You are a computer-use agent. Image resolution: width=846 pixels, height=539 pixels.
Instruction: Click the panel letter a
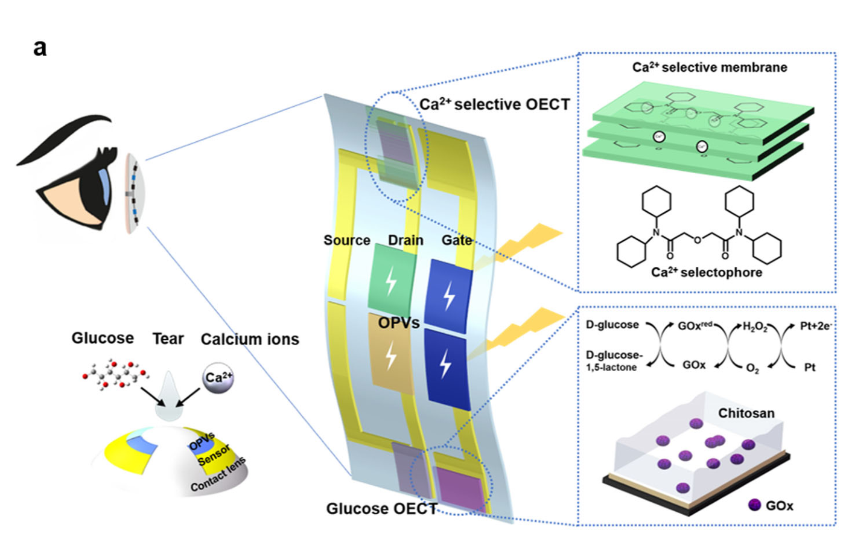pos(40,48)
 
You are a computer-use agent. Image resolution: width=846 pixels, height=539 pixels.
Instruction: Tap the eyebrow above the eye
pos(66,136)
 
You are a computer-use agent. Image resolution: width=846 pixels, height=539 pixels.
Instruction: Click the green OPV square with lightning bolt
pos(392,279)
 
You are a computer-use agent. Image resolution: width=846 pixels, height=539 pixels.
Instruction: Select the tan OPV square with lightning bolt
pos(391,354)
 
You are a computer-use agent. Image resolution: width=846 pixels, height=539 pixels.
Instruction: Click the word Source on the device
pos(346,240)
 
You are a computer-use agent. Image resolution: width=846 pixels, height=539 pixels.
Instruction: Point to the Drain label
pos(406,240)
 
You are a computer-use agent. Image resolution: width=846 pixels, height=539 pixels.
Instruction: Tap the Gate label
pos(457,240)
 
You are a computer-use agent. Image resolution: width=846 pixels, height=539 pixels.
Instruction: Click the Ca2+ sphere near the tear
pos(218,378)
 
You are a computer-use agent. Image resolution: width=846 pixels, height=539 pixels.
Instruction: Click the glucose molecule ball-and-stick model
pos(115,374)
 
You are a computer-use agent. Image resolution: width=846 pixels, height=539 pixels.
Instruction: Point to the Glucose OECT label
pos(381,509)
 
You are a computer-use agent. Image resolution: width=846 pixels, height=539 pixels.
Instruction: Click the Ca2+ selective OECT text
pos(495,104)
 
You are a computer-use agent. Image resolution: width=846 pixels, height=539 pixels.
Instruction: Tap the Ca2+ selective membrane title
pos(710,67)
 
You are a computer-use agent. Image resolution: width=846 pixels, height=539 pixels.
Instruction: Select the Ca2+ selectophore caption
pos(707,272)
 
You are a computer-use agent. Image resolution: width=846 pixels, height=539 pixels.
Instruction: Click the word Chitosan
pos(746,413)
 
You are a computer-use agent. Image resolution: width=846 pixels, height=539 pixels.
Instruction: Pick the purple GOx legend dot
pos(754,505)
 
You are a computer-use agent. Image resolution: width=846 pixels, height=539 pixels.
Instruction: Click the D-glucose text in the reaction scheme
pos(612,325)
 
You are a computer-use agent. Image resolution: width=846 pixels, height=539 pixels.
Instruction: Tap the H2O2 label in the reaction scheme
pos(755,327)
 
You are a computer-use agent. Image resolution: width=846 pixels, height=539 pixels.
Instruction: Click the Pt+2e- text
pos(815,326)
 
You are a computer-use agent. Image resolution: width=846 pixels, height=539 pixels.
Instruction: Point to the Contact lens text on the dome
pos(218,474)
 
